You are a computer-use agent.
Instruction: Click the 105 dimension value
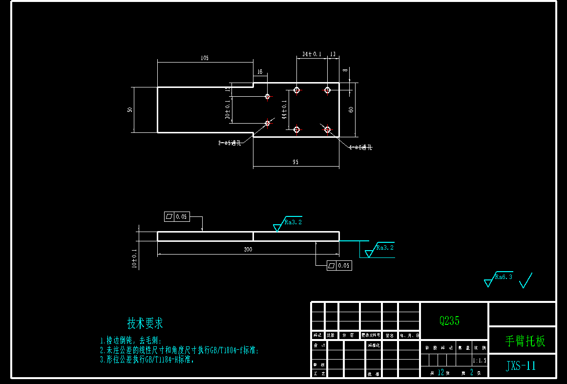205,58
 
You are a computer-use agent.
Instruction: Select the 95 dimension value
295,162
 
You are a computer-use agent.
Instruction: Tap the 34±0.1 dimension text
312,54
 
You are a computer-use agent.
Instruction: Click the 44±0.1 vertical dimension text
284,109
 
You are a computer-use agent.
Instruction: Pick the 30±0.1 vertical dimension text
227,110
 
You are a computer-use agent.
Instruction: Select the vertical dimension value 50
130,109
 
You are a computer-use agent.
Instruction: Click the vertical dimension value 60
351,109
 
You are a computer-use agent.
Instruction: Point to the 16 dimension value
260,72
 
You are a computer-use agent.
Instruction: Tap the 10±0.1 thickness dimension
134,258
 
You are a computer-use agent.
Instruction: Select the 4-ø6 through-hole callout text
360,147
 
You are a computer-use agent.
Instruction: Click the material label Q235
449,321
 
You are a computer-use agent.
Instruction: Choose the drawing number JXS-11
521,366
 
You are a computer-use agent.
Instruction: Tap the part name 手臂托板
525,341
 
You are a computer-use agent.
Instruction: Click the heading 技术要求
145,323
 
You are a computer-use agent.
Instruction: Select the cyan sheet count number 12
441,372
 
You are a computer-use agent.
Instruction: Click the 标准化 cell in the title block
373,345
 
